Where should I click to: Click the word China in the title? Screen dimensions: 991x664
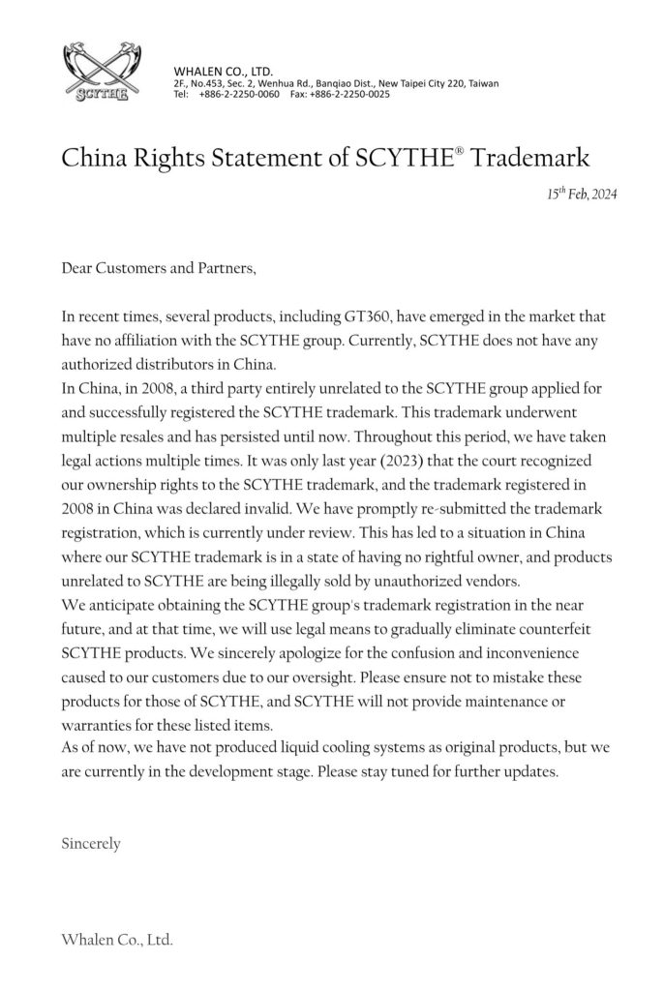coord(96,158)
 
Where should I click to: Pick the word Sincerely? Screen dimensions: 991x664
coord(91,843)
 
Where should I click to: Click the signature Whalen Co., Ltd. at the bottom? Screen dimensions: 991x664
coord(117,940)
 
